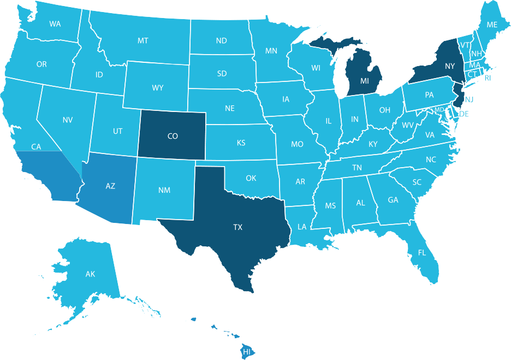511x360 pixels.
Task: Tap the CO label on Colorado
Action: coord(173,136)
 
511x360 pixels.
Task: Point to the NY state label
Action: coord(450,66)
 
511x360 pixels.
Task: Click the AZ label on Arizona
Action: coord(110,186)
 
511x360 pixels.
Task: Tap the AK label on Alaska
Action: coord(91,274)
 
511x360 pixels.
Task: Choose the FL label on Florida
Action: coord(422,253)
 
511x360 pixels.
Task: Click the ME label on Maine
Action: coord(492,25)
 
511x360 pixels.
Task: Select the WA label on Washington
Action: coord(55,24)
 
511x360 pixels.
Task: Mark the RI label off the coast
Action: coord(488,78)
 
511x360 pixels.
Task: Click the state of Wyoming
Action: coord(157,88)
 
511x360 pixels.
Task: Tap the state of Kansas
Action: coord(241,143)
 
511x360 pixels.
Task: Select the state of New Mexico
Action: coord(164,190)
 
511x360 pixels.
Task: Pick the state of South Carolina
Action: coord(417,182)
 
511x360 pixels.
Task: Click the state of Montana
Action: coord(143,41)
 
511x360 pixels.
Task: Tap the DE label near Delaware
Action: coord(464,114)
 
